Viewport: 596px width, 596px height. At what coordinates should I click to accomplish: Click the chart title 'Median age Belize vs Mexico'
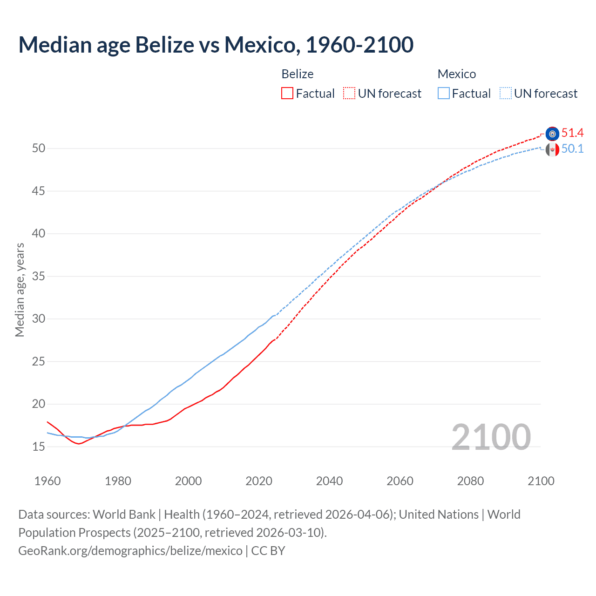click(216, 45)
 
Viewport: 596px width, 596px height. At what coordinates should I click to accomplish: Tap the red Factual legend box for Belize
click(287, 94)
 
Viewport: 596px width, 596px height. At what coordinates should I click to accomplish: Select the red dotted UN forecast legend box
click(349, 94)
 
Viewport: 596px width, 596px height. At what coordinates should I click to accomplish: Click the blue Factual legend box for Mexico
click(444, 94)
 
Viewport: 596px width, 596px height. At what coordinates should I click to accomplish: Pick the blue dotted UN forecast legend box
click(506, 94)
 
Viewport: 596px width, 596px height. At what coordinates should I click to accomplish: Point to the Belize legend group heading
click(298, 74)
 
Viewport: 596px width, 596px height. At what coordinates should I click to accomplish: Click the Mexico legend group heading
click(457, 74)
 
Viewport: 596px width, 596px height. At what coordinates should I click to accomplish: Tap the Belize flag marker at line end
click(552, 134)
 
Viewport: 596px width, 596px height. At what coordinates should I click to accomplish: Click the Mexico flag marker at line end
click(552, 149)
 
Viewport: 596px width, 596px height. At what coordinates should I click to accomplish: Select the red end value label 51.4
click(572, 133)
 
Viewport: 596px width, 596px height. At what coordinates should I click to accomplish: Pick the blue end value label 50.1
click(572, 149)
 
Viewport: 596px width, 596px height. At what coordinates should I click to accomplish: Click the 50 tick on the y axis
click(39, 149)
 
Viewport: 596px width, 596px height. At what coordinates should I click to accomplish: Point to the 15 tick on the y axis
click(39, 447)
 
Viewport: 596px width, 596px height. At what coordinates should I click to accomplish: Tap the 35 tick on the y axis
click(39, 276)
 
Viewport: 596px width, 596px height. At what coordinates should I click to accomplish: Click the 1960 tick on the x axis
click(47, 481)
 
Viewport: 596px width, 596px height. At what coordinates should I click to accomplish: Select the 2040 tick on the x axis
click(329, 481)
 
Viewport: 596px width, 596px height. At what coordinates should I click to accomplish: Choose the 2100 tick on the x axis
click(541, 481)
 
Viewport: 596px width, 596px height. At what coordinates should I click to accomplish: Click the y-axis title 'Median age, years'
click(20, 290)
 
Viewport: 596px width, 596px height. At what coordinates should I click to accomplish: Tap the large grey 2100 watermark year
click(491, 437)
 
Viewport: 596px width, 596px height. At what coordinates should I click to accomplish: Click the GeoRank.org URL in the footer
click(130, 551)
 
